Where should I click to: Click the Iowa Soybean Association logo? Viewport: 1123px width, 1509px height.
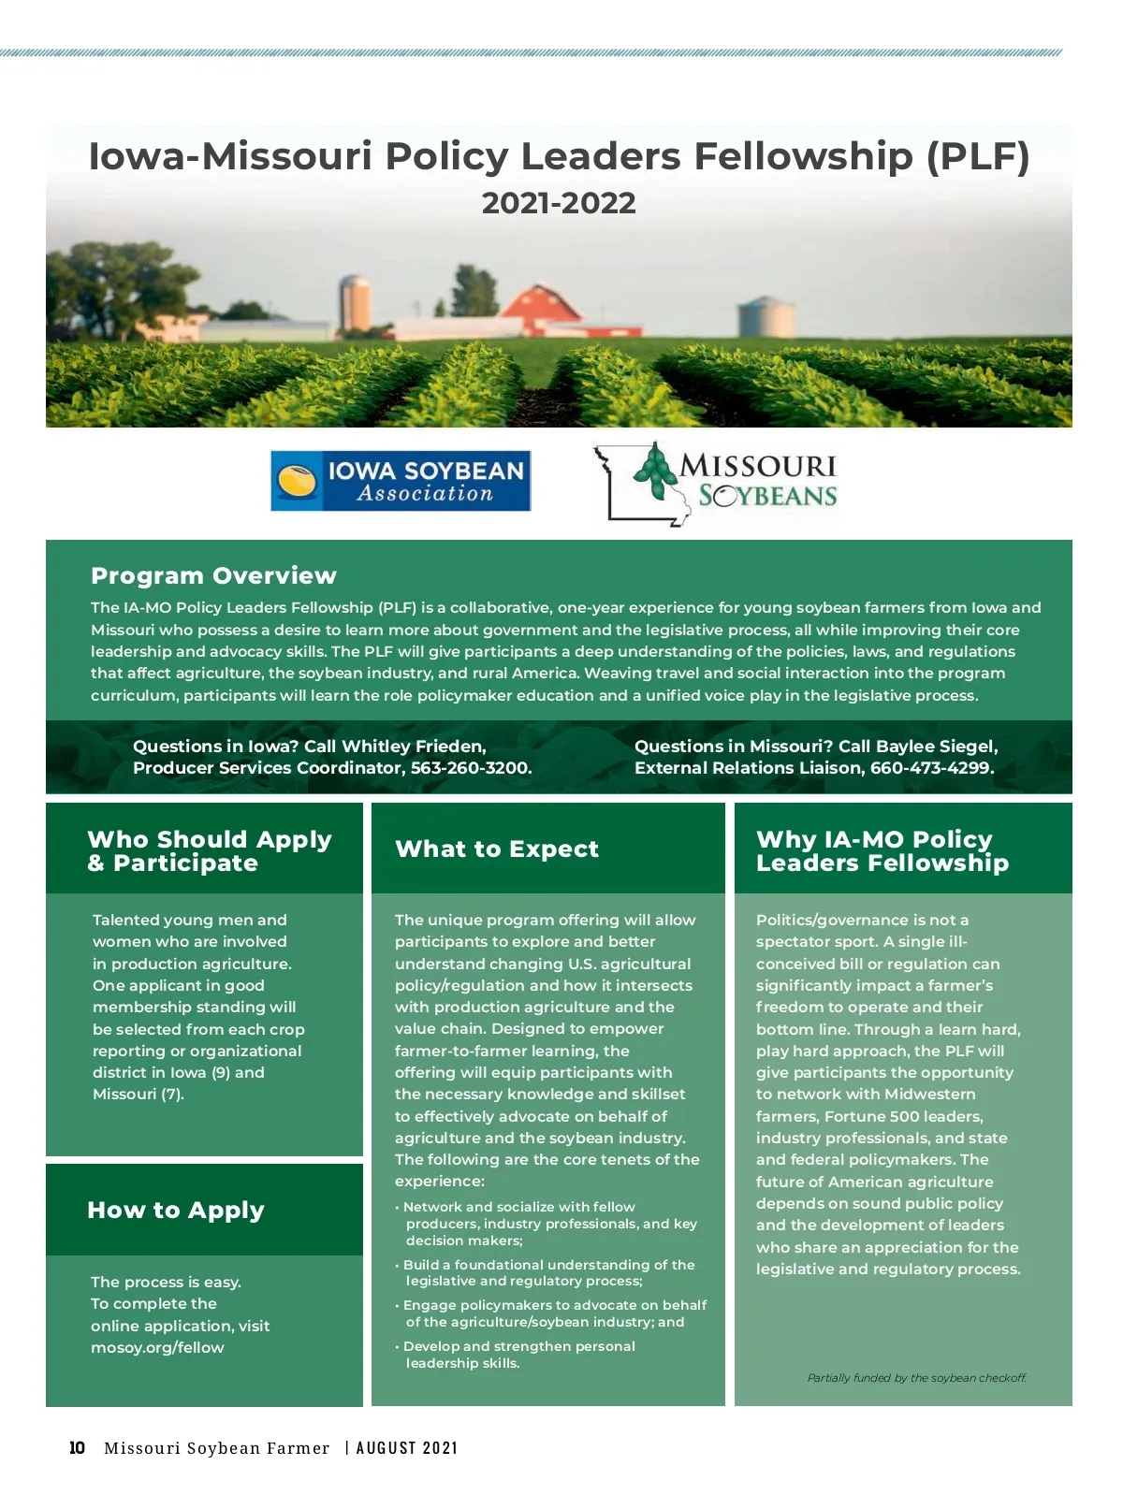[401, 481]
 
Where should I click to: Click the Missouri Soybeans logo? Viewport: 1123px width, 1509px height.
[716, 484]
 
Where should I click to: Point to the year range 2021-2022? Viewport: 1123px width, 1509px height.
[559, 203]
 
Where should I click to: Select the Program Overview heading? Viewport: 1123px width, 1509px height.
[213, 575]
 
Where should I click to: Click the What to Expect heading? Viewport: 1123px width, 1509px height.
[497, 849]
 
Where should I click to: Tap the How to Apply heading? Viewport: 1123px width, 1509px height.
[176, 1210]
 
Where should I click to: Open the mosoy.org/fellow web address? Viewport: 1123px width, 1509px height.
[157, 1347]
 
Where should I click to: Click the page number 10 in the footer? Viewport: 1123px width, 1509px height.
[77, 1448]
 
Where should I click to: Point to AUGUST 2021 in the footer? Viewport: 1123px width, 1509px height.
[408, 1448]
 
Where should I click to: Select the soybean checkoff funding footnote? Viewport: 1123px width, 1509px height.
[916, 1378]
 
